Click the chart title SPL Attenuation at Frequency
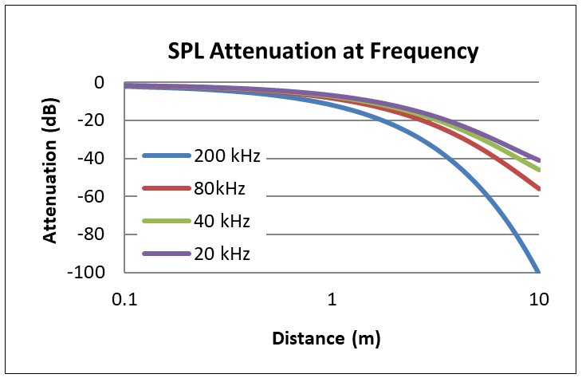[323, 52]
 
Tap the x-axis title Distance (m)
[327, 338]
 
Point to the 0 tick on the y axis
[100, 82]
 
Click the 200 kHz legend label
[227, 156]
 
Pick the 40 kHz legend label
[223, 222]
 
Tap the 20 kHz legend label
[223, 254]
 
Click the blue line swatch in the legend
[166, 156]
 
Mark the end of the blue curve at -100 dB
[539, 271]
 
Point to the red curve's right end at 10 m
[540, 189]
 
